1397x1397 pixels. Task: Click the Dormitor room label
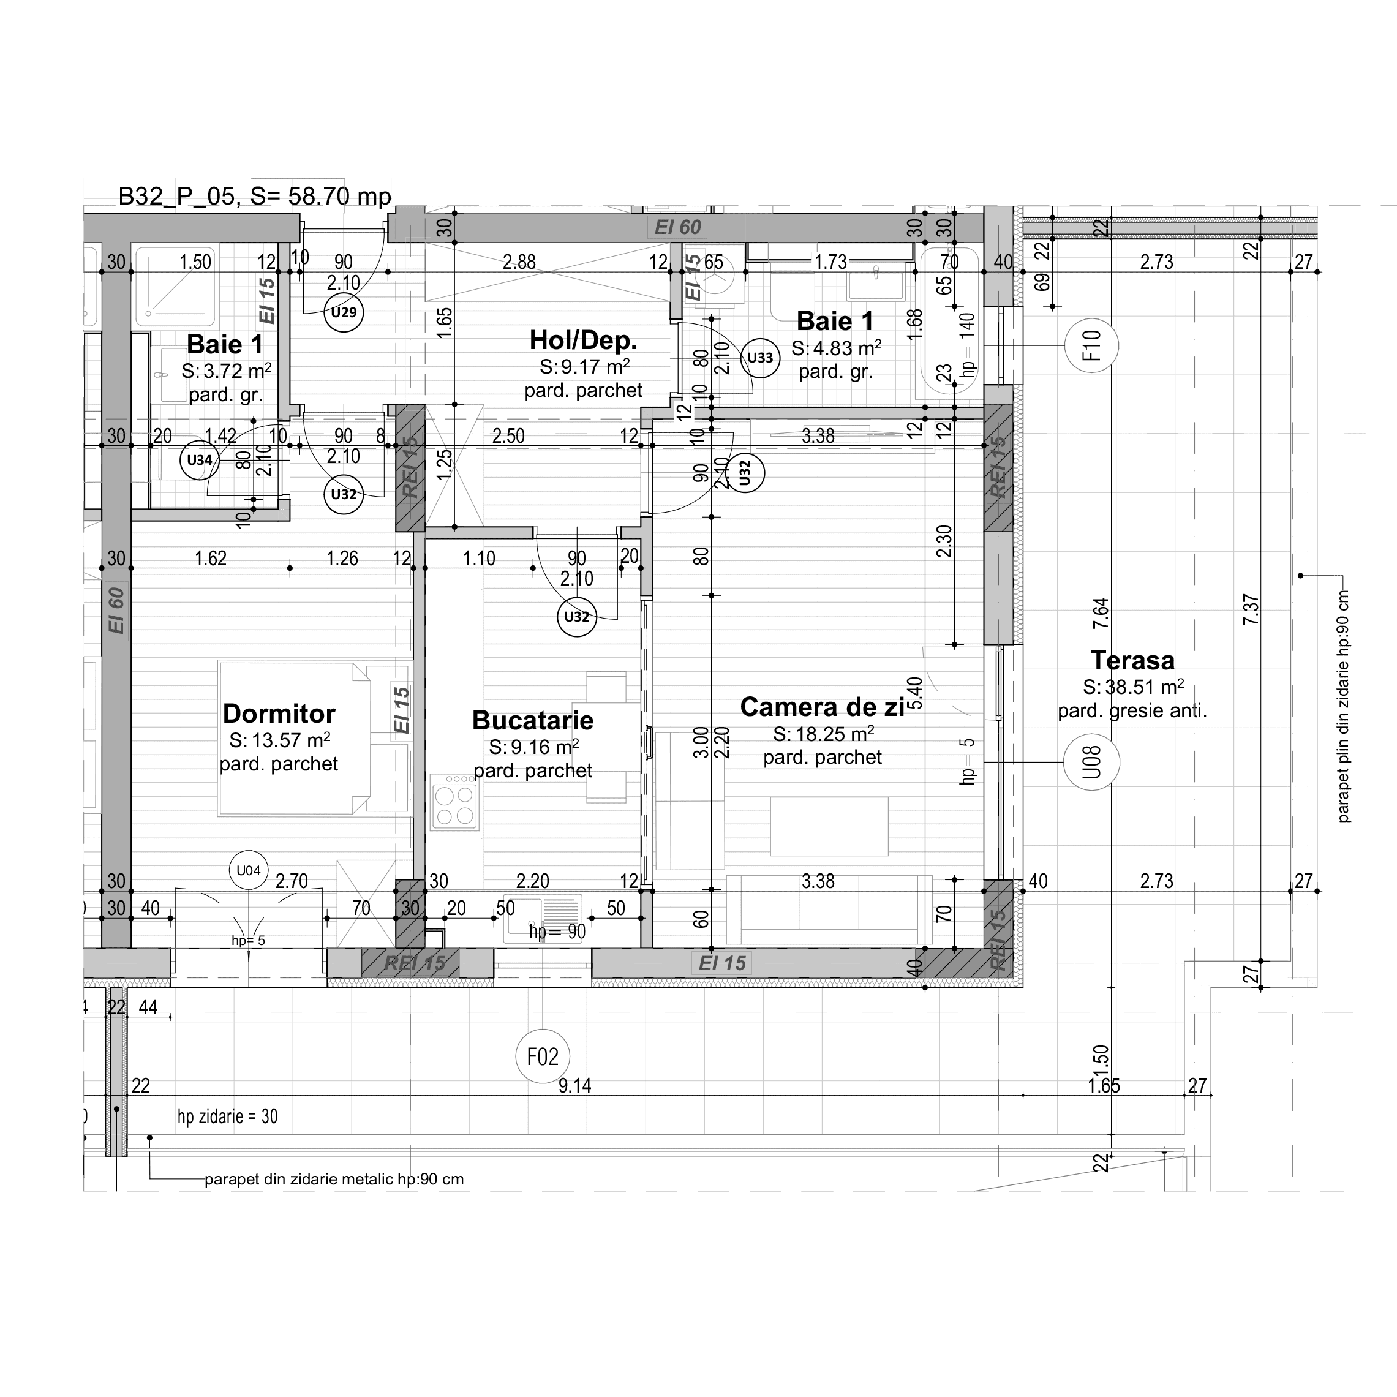point(279,714)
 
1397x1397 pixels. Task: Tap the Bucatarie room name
point(533,720)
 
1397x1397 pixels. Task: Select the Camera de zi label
point(822,707)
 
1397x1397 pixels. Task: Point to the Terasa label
point(1132,660)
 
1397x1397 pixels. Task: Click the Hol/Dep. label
point(583,340)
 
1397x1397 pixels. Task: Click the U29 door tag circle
point(344,312)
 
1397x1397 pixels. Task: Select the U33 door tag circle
point(760,357)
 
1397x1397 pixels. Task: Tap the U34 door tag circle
point(200,460)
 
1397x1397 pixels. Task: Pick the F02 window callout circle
point(542,1056)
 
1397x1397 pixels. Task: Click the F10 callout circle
point(1091,345)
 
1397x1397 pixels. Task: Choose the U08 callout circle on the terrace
point(1091,762)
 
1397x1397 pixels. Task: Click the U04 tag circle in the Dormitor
point(249,870)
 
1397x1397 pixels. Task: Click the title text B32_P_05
point(177,197)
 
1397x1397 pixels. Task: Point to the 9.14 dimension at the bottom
point(575,1085)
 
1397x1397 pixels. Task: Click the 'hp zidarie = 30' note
point(227,1116)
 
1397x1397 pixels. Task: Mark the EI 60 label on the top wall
point(677,227)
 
